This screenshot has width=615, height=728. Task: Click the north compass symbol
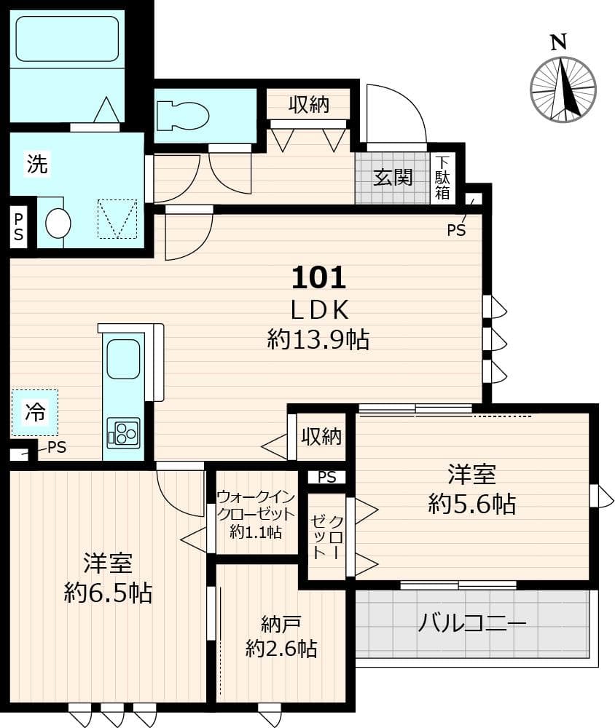(x=563, y=89)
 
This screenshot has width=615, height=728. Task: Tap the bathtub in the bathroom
(x=67, y=39)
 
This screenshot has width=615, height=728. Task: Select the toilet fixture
(x=182, y=115)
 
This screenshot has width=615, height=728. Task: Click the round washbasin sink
(x=58, y=223)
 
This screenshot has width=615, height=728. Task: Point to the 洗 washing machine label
(x=37, y=165)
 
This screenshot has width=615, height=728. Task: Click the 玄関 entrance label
(x=393, y=177)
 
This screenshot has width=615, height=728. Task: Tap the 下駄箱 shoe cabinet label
(x=442, y=178)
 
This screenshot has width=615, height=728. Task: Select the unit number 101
(x=318, y=277)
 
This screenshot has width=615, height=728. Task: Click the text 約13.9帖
(x=318, y=339)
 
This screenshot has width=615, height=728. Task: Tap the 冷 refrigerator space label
(x=35, y=413)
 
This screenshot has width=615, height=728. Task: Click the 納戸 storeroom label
(x=281, y=624)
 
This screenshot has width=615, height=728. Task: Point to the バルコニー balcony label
(x=471, y=624)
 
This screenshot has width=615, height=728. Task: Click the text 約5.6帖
(x=471, y=504)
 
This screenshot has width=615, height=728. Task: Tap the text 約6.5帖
(x=107, y=593)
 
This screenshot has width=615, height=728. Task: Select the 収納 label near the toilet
(x=308, y=105)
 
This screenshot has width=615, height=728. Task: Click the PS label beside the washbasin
(x=18, y=226)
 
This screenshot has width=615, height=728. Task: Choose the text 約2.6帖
(x=281, y=648)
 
